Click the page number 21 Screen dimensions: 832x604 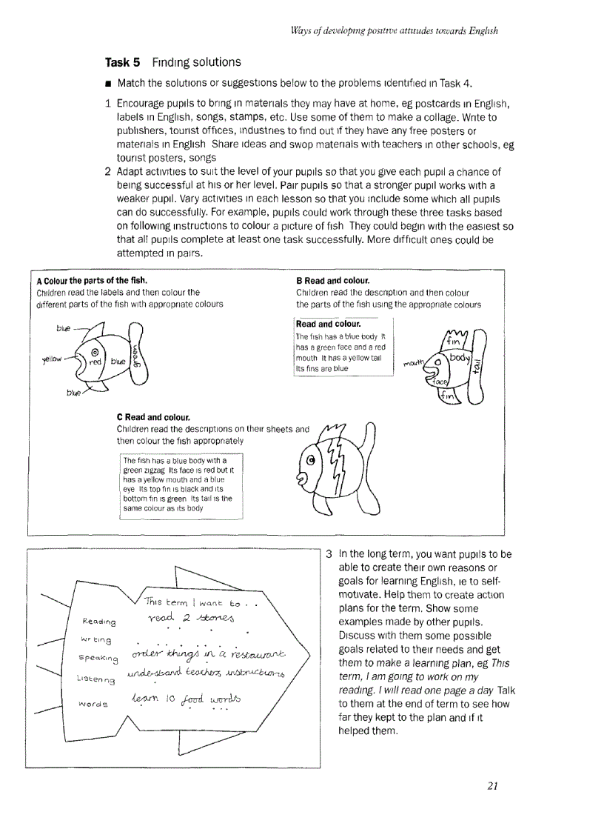[493, 786]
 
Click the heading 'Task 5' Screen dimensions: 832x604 [124, 62]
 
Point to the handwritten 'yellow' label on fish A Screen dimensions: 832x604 [53, 361]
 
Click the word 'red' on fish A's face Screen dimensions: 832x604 [95, 362]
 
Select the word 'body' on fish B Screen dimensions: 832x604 [460, 357]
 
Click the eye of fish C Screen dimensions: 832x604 [311, 461]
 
